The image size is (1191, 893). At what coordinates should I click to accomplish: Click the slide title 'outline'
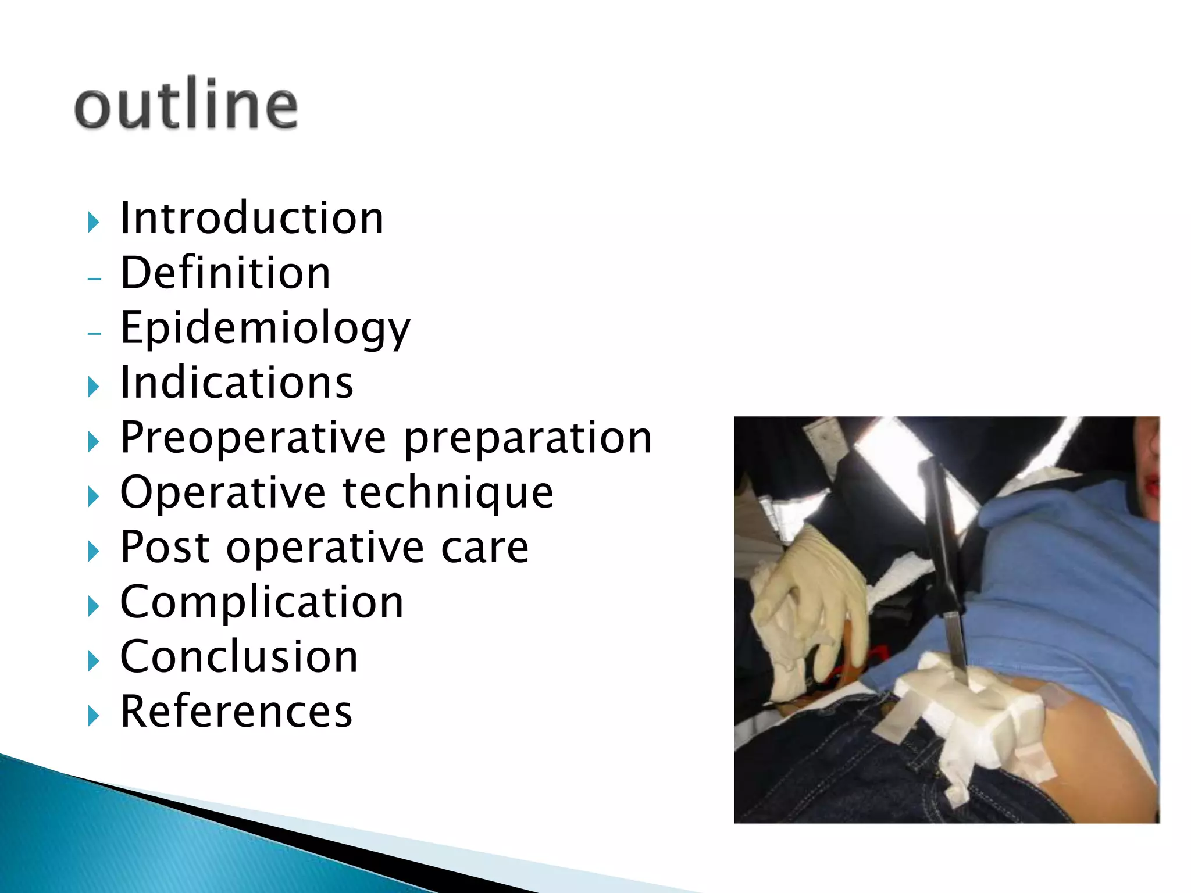(186, 105)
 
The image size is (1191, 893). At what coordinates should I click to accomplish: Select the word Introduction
(251, 218)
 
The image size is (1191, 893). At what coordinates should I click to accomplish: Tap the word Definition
(225, 273)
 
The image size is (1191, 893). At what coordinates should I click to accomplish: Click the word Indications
(236, 383)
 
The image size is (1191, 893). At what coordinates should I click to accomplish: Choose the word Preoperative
(253, 438)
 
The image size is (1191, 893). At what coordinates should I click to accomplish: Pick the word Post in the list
(165, 547)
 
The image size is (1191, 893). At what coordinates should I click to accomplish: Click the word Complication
(262, 602)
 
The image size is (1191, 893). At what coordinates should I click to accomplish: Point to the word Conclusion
(238, 656)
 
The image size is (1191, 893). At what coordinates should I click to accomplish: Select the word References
(236, 711)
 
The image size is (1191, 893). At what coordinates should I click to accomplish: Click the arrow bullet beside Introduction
(93, 222)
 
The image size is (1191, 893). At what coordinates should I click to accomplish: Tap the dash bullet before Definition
(94, 278)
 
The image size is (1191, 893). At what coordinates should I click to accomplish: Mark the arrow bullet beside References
(93, 716)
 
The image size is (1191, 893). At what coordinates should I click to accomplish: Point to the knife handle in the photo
(939, 523)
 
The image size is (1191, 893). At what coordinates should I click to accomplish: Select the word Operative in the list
(223, 492)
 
